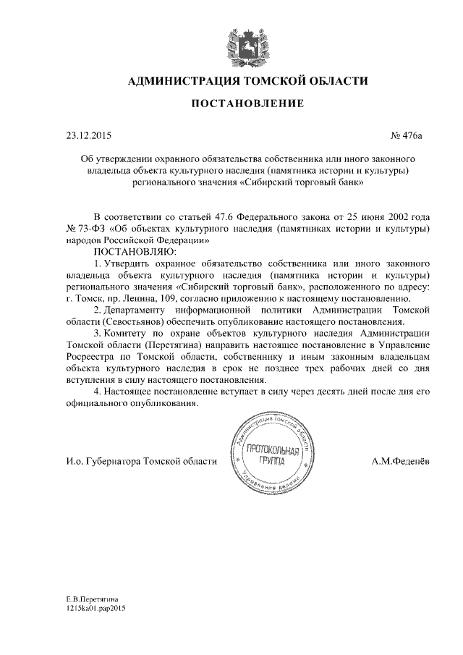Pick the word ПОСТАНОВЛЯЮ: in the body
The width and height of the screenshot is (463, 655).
point(130,251)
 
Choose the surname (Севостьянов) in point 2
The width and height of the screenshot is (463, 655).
point(138,321)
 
